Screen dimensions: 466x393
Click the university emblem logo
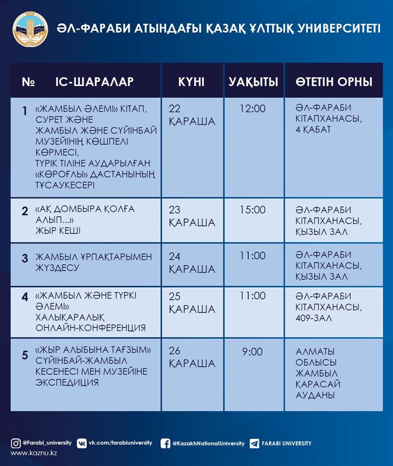tap(30, 29)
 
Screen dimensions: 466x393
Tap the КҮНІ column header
tap(191, 82)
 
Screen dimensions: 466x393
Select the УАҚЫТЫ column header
tap(253, 82)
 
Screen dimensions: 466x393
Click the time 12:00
tap(252, 108)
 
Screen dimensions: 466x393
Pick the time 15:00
tap(252, 210)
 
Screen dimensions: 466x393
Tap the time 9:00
tap(252, 352)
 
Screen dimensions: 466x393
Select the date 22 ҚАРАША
tap(191, 115)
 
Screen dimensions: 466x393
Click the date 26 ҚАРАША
tap(191, 358)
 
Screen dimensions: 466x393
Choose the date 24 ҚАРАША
tap(191, 263)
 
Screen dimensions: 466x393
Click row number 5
tap(25, 355)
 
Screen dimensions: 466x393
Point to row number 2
tap(25, 211)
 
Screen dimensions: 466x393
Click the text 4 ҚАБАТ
tap(313, 129)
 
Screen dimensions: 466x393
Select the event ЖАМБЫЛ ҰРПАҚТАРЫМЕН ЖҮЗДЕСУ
tap(93, 262)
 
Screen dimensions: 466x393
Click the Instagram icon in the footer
tap(16, 443)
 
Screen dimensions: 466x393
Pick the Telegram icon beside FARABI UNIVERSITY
tap(254, 443)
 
